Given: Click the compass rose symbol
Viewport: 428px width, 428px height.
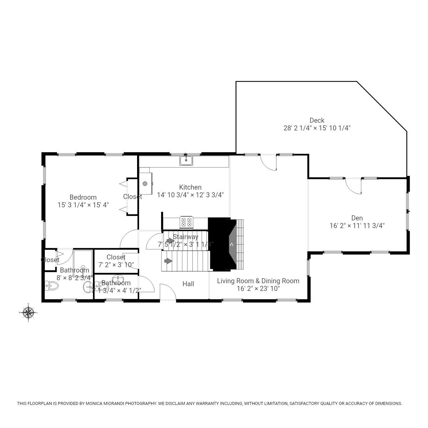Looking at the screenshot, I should (x=28, y=313).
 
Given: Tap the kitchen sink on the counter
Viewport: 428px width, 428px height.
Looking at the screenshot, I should (x=186, y=161).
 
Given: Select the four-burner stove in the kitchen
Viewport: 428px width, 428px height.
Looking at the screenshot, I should (x=186, y=222).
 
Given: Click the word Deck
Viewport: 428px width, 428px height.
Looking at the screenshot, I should (x=317, y=120).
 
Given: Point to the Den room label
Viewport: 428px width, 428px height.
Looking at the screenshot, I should (x=357, y=218).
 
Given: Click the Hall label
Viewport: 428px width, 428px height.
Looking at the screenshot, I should (x=188, y=284).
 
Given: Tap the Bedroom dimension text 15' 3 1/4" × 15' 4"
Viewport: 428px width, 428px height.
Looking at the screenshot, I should (x=83, y=205).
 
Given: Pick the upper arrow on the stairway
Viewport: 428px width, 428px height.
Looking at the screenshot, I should (x=170, y=240).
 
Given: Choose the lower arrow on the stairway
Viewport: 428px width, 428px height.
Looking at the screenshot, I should (x=168, y=261).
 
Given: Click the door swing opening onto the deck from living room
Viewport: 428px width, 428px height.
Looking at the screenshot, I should (x=269, y=163).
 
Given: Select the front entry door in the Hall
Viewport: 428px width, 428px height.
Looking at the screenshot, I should (x=168, y=292).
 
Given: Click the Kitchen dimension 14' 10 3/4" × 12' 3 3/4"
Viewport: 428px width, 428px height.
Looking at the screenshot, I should (x=190, y=195).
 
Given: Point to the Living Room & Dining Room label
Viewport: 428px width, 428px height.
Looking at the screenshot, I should (x=258, y=281).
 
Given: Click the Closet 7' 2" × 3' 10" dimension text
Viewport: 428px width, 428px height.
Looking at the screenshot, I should (x=116, y=265).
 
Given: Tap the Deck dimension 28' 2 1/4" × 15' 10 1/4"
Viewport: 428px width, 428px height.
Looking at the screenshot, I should (x=317, y=128).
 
